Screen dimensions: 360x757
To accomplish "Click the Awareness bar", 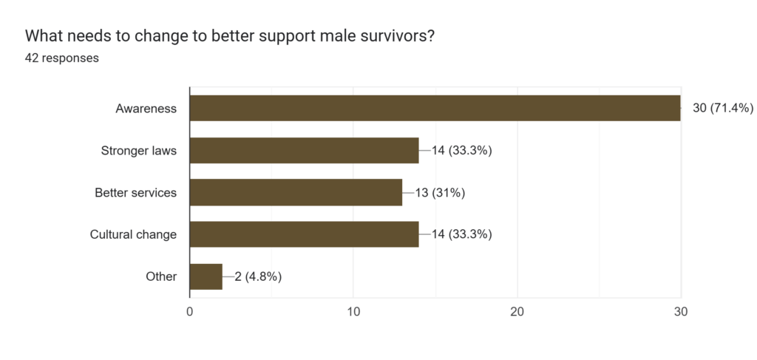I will click(435, 108).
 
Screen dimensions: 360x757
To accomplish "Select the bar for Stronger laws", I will click(304, 151).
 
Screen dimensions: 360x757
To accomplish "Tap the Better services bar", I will click(296, 193).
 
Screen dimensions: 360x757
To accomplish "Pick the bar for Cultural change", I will click(304, 235).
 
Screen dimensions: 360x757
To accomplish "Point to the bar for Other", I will click(206, 277).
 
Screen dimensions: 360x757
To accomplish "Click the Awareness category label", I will click(146, 109).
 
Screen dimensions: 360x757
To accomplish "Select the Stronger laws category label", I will click(138, 151).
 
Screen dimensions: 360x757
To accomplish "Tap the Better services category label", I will click(135, 193).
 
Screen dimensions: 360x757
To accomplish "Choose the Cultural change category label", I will click(133, 235).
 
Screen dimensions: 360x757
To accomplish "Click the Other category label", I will click(161, 277).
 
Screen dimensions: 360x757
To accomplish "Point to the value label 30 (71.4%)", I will click(722, 109).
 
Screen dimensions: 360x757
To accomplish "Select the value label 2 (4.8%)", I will click(259, 277).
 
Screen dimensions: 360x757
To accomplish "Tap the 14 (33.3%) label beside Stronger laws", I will click(462, 151).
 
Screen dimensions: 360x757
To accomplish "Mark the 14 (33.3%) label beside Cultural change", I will click(462, 235).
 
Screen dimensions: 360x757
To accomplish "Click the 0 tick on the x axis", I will click(190, 312).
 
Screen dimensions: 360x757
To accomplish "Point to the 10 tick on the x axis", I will click(353, 312).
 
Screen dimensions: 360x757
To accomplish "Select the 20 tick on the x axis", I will click(517, 312).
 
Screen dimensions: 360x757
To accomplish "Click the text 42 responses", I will click(62, 58).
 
